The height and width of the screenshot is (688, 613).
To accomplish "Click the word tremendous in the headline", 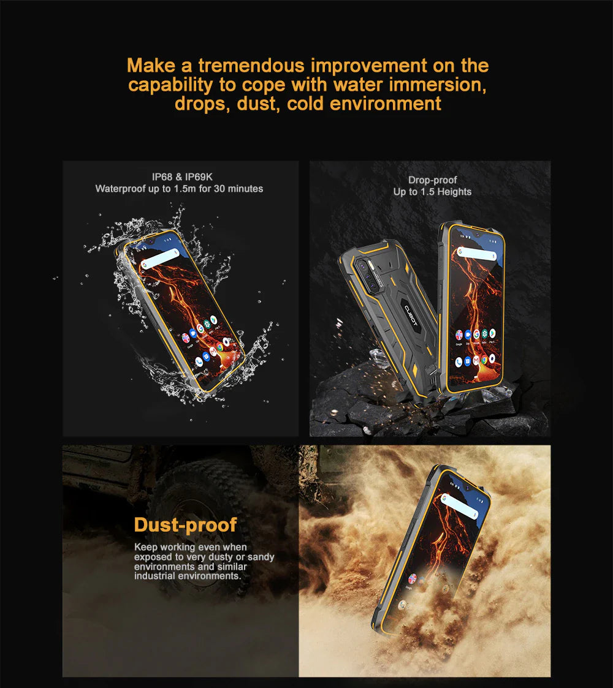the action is pos(251,66).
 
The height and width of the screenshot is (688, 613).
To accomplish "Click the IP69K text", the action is pos(199,177).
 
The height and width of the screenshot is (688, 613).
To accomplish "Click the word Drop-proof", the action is pos(433,180).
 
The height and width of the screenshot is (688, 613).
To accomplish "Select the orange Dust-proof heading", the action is pos(185,525).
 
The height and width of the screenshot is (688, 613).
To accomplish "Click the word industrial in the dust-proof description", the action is pos(154,576).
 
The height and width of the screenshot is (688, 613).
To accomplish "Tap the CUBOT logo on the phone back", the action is pos(411,316).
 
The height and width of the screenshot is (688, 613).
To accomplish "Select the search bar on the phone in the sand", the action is pos(459,506).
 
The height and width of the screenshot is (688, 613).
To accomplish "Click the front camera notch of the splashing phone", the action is pos(151,241).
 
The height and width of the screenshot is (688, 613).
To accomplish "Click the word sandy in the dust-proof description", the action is pos(261,558).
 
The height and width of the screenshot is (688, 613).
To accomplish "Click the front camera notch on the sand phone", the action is pos(466,488).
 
